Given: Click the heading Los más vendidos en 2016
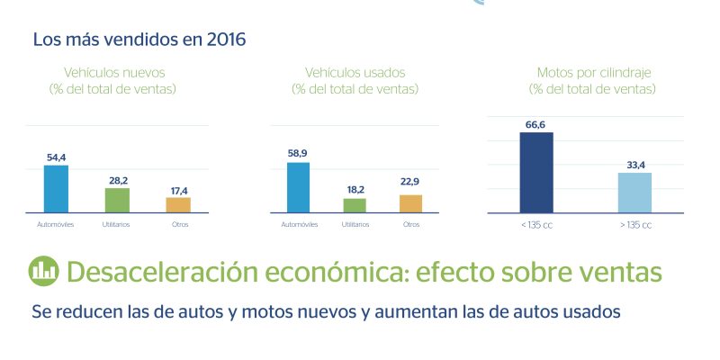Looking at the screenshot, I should (139, 40).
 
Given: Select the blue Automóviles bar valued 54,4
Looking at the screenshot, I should (56, 189).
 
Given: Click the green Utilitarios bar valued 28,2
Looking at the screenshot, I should (117, 200).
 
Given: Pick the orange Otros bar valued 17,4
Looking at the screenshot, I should (178, 205).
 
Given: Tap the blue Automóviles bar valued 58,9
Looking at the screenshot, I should (298, 187).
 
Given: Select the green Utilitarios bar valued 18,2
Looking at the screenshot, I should (355, 205).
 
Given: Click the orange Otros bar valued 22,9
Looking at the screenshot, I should (410, 203).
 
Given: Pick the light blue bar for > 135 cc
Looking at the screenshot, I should (634, 193).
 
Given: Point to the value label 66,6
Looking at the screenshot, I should (536, 125).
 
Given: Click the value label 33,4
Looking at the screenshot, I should (634, 166).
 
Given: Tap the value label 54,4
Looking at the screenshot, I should (56, 157).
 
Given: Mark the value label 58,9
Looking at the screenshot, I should (298, 155).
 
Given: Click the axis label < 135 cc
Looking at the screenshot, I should (536, 224).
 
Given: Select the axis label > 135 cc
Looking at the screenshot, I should (634, 224).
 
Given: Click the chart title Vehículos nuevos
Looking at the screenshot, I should (113, 72).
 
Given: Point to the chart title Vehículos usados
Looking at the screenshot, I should (355, 72).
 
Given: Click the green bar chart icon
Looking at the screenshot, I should (42, 270).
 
